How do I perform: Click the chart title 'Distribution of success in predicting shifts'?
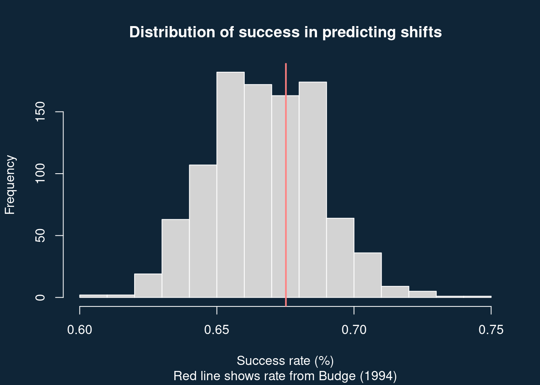pyautogui.click(x=285, y=32)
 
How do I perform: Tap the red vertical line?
pyautogui.click(x=286, y=184)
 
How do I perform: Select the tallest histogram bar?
pyautogui.click(x=231, y=184)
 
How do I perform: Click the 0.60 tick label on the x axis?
pyautogui.click(x=80, y=330)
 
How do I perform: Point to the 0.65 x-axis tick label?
pyautogui.click(x=217, y=330)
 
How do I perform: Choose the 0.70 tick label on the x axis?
pyautogui.click(x=354, y=330)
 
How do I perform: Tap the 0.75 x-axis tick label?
pyautogui.click(x=491, y=330)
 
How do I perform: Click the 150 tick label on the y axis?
pyautogui.click(x=40, y=111)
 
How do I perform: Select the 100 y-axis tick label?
pyautogui.click(x=40, y=174)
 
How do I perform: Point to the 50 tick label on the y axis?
pyautogui.click(x=40, y=235)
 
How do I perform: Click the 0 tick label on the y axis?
pyautogui.click(x=40, y=298)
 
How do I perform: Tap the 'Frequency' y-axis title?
pyautogui.click(x=10, y=184)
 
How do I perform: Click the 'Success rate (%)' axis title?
pyautogui.click(x=285, y=361)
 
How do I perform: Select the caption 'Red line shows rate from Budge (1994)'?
pyautogui.click(x=285, y=376)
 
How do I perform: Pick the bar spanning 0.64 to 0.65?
pyautogui.click(x=203, y=231)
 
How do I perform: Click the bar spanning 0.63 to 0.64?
pyautogui.click(x=176, y=258)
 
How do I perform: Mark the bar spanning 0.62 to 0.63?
pyautogui.click(x=148, y=286)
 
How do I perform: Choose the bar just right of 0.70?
pyautogui.click(x=368, y=275)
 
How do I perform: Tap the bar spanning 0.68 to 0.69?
pyautogui.click(x=313, y=190)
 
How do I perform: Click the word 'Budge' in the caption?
pyautogui.click(x=337, y=377)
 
